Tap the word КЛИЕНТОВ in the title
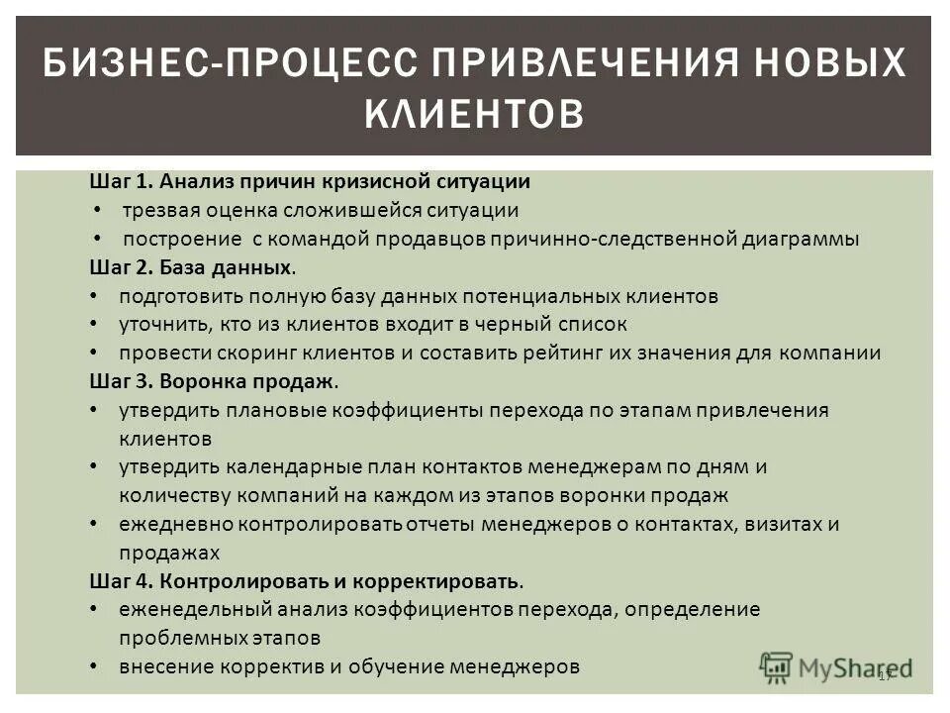(x=474, y=113)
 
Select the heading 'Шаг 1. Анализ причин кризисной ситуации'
(x=309, y=182)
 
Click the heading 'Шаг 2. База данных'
(x=191, y=267)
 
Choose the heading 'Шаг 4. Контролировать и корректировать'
(x=304, y=580)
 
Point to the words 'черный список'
(x=571, y=324)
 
